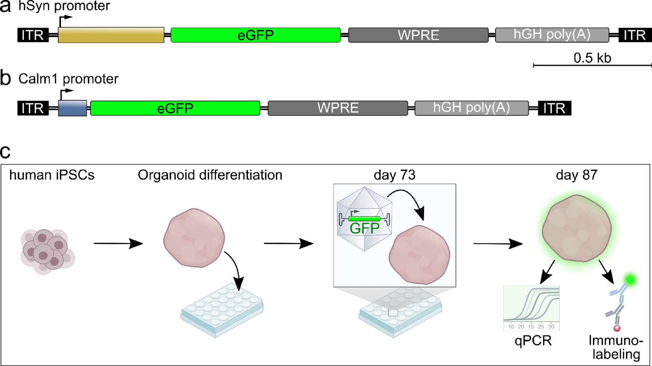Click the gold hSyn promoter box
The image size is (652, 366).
111,35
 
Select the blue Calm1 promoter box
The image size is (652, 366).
72,108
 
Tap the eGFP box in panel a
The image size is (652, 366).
255,35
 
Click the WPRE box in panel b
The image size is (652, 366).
338,108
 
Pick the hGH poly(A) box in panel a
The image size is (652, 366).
552,35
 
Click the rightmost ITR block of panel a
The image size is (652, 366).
635,35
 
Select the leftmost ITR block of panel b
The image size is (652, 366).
33,108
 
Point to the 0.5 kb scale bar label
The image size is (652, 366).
592,58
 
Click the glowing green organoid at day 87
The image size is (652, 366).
576,228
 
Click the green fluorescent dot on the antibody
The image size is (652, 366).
630,279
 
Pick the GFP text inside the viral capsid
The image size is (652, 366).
364,228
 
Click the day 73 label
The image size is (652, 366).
394,175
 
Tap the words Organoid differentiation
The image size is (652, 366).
210,175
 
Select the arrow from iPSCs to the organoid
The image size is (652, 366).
118,243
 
